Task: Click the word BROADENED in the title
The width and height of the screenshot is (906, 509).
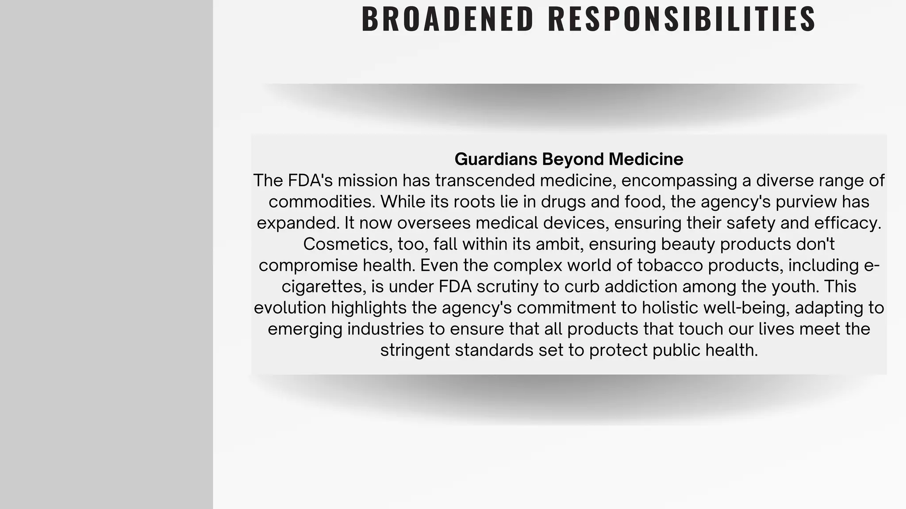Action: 448,19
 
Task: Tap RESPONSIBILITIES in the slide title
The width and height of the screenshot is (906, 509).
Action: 682,19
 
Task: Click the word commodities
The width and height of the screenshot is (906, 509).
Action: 322,202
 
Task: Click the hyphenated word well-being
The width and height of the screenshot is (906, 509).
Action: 746,308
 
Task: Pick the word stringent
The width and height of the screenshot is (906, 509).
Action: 415,350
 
